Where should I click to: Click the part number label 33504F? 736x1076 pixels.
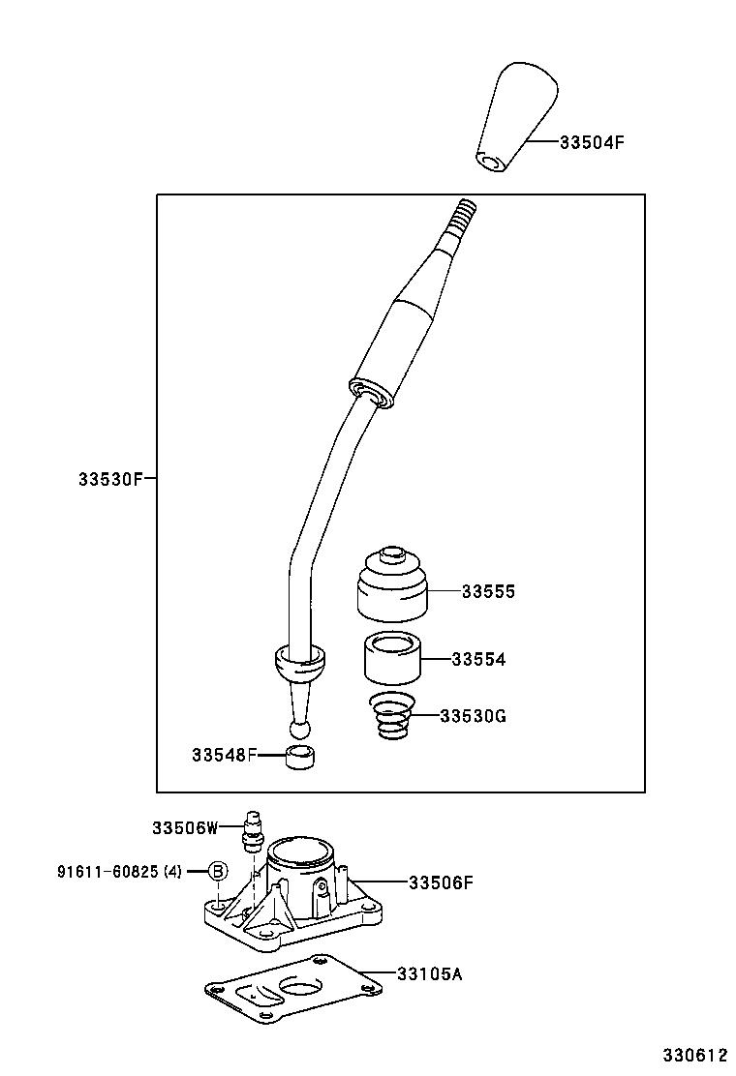click(591, 141)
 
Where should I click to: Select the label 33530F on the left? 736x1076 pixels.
click(110, 478)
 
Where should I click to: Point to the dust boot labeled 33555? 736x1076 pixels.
click(392, 589)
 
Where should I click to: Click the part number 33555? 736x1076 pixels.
click(487, 592)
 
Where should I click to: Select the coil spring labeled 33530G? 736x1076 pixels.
click(393, 719)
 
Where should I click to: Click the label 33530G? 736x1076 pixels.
click(473, 716)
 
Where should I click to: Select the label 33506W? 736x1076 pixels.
click(185, 827)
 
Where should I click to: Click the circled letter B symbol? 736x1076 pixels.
click(218, 871)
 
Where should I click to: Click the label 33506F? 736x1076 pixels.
click(440, 882)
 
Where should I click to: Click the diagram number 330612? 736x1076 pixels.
click(693, 1054)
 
